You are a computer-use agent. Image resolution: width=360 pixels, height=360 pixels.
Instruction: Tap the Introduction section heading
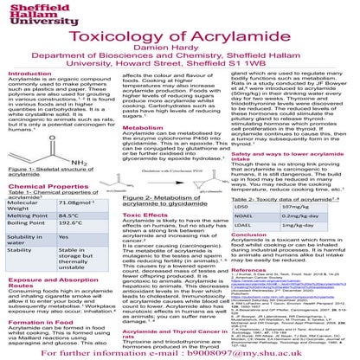(x=31, y=75)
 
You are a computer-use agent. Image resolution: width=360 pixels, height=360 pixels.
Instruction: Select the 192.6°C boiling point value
(x=73, y=248)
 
